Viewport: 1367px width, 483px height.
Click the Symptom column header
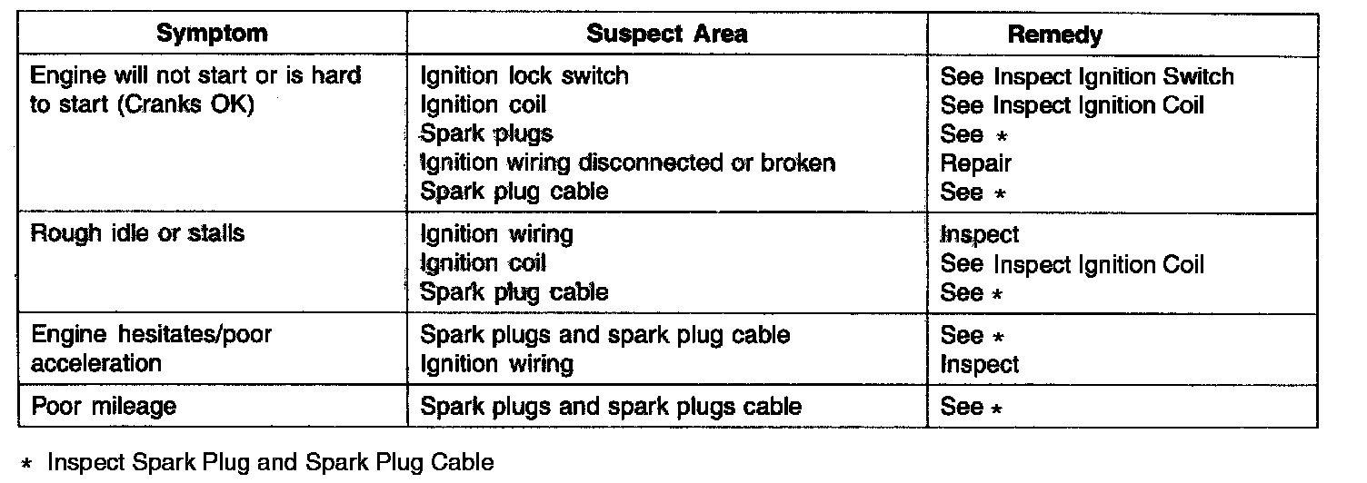212,34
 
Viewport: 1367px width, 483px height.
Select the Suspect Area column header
666,34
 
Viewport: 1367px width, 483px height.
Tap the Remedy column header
1054,34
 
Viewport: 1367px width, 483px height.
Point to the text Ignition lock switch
524,75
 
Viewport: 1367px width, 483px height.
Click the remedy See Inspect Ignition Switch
1087,76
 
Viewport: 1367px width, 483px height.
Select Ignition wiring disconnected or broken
627,163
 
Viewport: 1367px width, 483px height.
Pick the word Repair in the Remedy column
975,163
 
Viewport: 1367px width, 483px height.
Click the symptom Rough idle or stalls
138,233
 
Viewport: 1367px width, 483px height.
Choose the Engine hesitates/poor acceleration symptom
151,349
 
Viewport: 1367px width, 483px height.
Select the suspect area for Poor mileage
611,406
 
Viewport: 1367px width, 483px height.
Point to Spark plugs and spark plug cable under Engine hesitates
604,335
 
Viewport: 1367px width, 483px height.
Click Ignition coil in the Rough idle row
483,263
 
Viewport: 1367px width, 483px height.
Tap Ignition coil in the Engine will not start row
483,104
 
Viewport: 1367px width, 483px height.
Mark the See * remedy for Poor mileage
972,407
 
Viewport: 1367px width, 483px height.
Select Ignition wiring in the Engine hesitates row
496,364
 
